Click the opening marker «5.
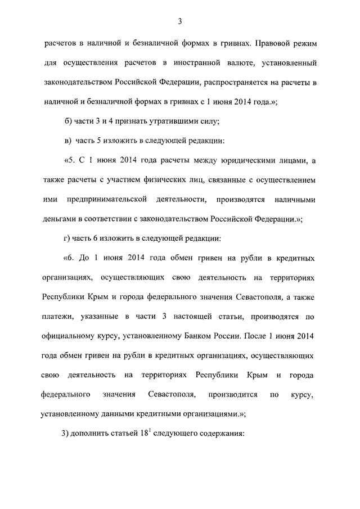coord(71,161)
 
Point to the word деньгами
coord(58,219)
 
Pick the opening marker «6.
coord(71,259)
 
